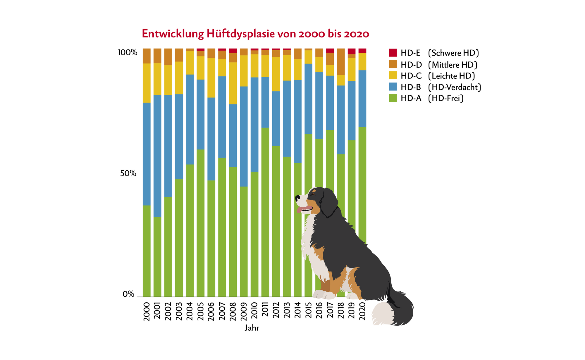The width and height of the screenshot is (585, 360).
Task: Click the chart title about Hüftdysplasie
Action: click(x=255, y=34)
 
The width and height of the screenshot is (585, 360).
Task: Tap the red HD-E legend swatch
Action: click(x=393, y=53)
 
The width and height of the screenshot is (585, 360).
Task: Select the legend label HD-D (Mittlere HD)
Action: click(x=439, y=65)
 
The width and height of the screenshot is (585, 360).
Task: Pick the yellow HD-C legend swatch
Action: click(x=393, y=76)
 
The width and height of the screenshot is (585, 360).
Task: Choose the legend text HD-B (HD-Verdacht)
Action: click(x=441, y=87)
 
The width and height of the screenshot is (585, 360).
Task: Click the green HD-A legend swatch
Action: click(x=393, y=98)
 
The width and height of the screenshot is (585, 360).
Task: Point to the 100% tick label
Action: click(x=128, y=53)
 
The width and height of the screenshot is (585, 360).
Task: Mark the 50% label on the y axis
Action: click(x=128, y=174)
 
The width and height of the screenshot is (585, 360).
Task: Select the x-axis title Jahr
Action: click(x=252, y=328)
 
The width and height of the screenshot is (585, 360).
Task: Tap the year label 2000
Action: click(x=147, y=311)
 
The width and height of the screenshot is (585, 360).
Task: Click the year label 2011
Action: click(x=265, y=311)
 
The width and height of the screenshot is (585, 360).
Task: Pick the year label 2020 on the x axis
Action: click(x=362, y=311)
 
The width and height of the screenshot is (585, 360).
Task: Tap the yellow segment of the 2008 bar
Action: click(x=233, y=83)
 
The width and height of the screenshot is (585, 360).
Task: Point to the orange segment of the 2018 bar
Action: click(x=341, y=62)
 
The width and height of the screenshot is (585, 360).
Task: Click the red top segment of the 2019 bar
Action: click(x=352, y=51)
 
